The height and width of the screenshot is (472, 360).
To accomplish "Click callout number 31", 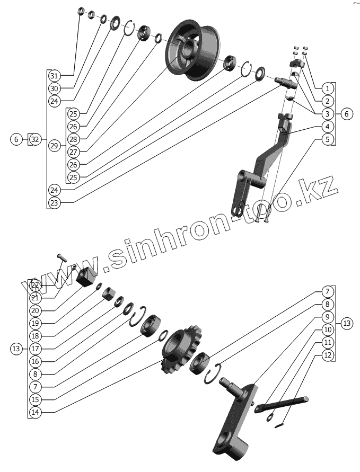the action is pyautogui.click(x=55, y=75).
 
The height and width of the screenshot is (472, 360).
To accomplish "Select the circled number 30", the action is pyautogui.click(x=55, y=88).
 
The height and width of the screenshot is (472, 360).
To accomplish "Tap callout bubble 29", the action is pyautogui.click(x=55, y=146).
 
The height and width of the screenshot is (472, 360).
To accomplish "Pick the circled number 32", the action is pyautogui.click(x=35, y=139).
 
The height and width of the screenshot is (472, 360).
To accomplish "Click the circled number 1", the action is pyautogui.click(x=328, y=88).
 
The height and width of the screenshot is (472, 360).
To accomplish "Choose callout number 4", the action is pyautogui.click(x=328, y=127).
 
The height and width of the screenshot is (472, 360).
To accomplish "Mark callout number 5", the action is pyautogui.click(x=328, y=139).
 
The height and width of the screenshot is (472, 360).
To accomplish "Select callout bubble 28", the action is pyautogui.click(x=74, y=139).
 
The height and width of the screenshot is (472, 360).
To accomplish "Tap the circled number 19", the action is pyautogui.click(x=35, y=323).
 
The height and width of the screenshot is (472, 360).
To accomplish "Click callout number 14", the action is pyautogui.click(x=35, y=412).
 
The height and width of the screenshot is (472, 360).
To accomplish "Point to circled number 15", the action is pyautogui.click(x=35, y=399).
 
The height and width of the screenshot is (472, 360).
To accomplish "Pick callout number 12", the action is pyautogui.click(x=328, y=355).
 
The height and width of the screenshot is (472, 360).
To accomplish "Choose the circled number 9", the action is pyautogui.click(x=328, y=317).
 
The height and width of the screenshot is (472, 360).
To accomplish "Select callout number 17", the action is pyautogui.click(x=35, y=349).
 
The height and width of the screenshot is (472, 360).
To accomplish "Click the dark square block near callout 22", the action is pyautogui.click(x=86, y=276).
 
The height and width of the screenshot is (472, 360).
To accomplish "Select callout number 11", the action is pyautogui.click(x=328, y=343).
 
